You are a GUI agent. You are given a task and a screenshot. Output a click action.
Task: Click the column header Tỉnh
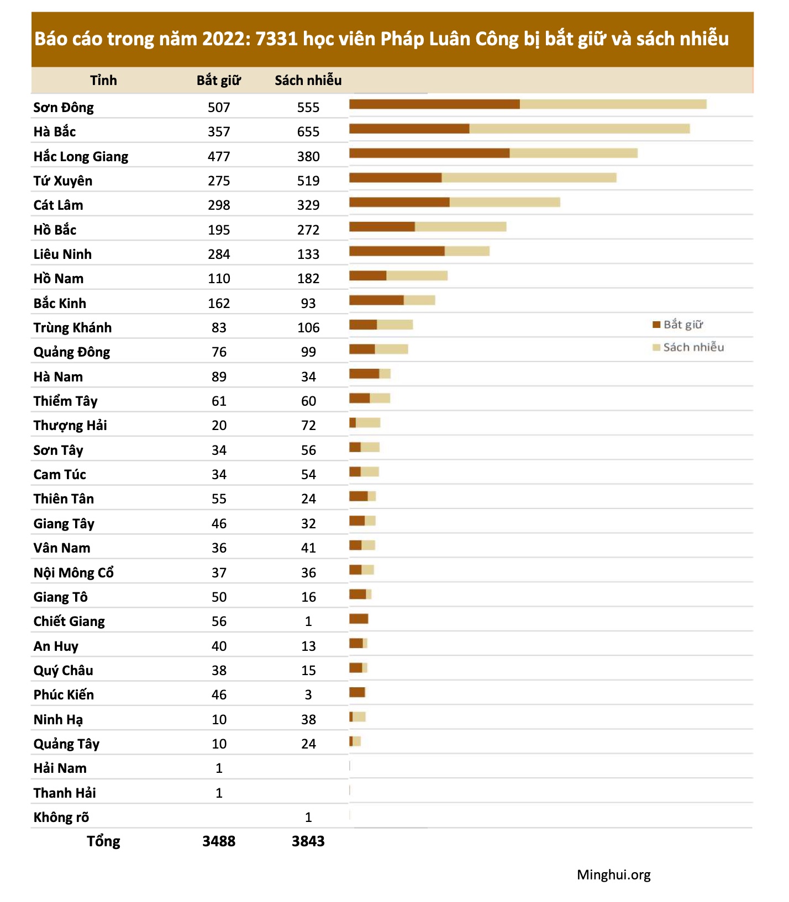(103, 81)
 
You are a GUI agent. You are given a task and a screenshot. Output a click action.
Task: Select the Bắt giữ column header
(219, 81)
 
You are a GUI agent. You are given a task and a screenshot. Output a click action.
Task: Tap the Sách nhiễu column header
(308, 81)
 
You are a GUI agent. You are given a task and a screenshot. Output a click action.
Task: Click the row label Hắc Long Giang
(81, 157)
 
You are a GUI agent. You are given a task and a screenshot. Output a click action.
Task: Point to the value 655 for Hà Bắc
(308, 132)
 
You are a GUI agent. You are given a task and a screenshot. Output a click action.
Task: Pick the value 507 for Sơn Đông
(219, 108)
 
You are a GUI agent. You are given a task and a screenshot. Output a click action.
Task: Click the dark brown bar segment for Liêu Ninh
(397, 252)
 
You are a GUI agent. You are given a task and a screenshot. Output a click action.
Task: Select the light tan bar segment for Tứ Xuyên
(529, 178)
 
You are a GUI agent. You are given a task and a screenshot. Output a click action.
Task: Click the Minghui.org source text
(613, 875)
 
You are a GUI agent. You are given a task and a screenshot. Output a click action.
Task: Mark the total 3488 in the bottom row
(219, 841)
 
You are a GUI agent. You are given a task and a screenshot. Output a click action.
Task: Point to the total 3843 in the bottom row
(308, 841)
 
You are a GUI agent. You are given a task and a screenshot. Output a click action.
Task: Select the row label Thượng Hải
(70, 426)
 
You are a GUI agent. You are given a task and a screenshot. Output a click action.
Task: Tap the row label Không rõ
(61, 818)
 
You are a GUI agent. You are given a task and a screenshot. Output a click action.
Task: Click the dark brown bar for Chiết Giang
(359, 619)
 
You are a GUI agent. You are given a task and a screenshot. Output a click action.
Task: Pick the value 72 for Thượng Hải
(308, 426)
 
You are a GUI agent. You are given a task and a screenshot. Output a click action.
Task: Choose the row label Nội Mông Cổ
(73, 573)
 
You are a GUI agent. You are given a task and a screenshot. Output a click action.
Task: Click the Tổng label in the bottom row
(103, 841)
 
